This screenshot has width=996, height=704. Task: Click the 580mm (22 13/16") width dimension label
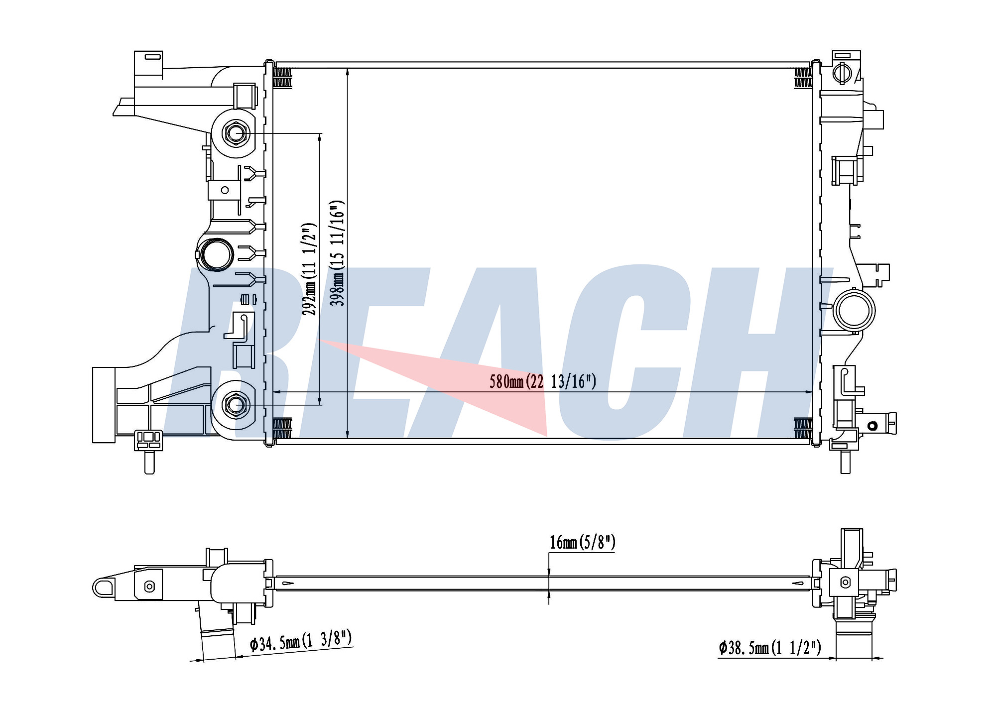[x=542, y=381]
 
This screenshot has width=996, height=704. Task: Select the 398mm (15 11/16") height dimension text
[x=338, y=253]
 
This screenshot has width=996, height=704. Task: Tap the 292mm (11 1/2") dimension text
[x=309, y=269]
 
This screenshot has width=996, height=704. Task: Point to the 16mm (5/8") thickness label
[x=582, y=542]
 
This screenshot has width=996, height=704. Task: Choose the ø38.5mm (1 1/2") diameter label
[x=769, y=648]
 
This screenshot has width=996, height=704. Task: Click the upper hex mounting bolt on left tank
[x=236, y=133]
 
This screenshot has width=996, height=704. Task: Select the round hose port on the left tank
[x=216, y=254]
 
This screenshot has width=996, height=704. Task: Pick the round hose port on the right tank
[x=854, y=310]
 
